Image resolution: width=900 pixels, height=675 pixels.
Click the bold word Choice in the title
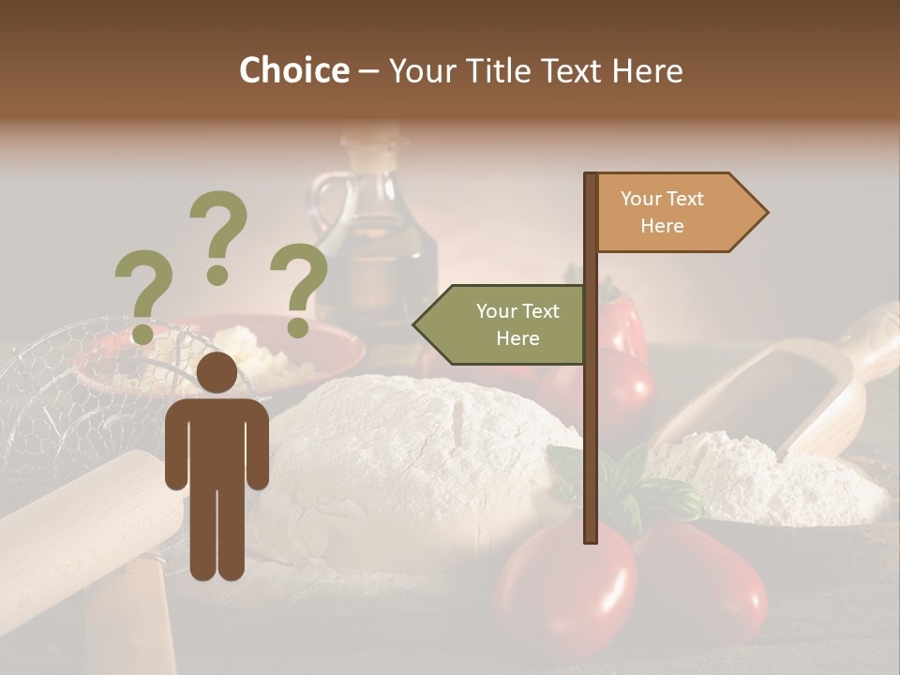click(293, 70)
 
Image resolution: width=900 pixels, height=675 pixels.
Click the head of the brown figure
click(217, 372)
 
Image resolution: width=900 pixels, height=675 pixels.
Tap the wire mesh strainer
click(66, 394)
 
